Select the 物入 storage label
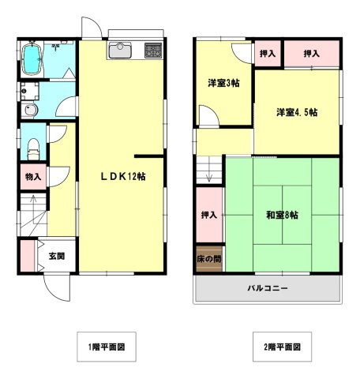[32, 177]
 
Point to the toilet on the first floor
[32, 146]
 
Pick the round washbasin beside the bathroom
[31, 110]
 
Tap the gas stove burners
[152, 51]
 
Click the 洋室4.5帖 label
[297, 112]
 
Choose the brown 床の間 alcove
[209, 259]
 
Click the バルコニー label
[268, 289]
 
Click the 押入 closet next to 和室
[209, 215]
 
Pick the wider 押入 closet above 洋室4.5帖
[312, 54]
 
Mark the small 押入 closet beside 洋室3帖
[268, 54]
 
